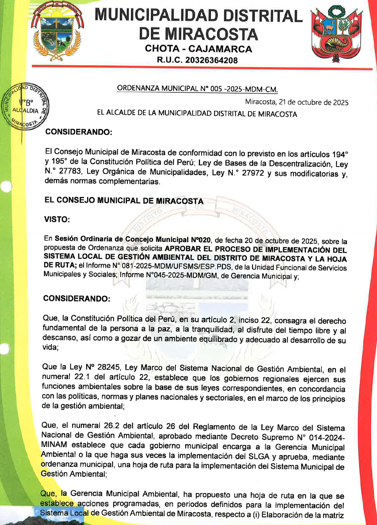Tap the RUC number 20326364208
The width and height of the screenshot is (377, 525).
[211, 60]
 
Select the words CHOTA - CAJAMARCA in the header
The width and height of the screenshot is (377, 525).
[198, 49]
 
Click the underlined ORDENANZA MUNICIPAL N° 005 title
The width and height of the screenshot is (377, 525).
[197, 89]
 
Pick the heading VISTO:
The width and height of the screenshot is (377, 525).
[57, 220]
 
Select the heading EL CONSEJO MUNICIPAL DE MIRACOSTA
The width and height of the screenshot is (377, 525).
[124, 201]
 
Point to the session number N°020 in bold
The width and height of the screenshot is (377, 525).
[201, 240]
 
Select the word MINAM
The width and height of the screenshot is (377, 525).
[54, 445]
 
